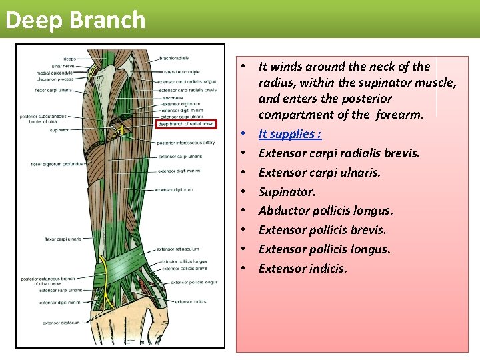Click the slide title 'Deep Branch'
click(75, 19)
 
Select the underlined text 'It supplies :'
click(290, 134)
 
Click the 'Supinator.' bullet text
click(287, 191)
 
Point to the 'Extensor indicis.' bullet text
click(303, 269)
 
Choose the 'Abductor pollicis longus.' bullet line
click(325, 211)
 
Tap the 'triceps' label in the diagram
click(69, 59)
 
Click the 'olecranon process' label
click(55, 79)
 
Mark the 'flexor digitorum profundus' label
click(56, 164)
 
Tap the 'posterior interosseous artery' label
click(186, 143)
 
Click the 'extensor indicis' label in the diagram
click(191, 301)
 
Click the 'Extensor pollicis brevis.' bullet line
click(322, 230)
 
